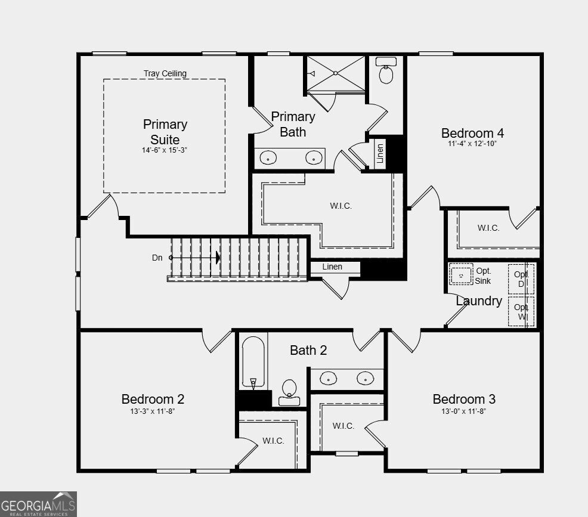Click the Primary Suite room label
[x=165, y=132]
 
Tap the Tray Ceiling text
[x=165, y=73]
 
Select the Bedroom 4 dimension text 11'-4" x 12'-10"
[x=472, y=144]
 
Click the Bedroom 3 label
[x=464, y=399]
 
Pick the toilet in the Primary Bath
[x=386, y=72]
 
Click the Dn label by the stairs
[x=157, y=258]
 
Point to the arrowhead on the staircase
[x=218, y=258]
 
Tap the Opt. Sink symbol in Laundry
[x=461, y=275]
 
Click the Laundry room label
[x=479, y=301]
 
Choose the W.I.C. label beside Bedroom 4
[x=488, y=228]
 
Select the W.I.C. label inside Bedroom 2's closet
[x=273, y=441]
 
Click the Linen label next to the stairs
[x=332, y=267]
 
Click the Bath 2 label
[x=308, y=350]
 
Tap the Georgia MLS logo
[x=38, y=504]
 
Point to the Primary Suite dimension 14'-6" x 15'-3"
[x=165, y=150]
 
